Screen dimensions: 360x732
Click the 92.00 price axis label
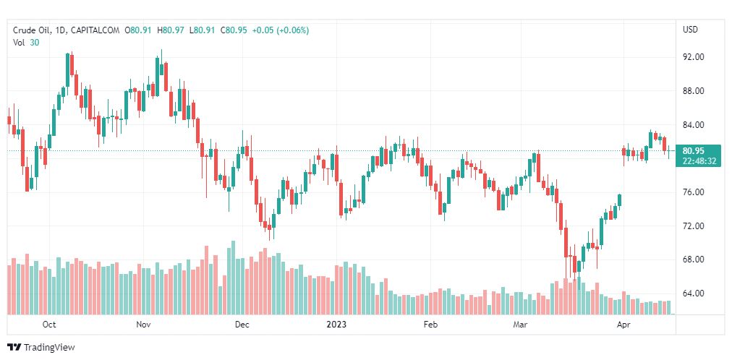(693, 57)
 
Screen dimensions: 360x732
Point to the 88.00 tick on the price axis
(693, 91)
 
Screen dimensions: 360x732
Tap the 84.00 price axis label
(693, 125)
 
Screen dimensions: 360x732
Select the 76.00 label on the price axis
(693, 192)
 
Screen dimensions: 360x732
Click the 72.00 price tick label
(693, 226)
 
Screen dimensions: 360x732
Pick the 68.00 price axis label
(693, 260)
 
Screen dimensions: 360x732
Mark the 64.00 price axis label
(693, 293)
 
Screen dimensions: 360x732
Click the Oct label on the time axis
(49, 325)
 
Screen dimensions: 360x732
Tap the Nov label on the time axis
(143, 325)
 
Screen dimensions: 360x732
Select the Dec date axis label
(242, 325)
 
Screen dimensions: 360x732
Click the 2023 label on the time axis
(337, 325)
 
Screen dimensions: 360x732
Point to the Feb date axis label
(430, 325)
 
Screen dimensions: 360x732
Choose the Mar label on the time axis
(521, 325)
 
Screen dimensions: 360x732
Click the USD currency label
(690, 30)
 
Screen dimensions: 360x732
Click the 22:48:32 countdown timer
(699, 160)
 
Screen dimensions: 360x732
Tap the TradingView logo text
(48, 348)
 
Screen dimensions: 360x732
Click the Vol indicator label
(19, 43)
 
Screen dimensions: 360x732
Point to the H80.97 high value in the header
(173, 30)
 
